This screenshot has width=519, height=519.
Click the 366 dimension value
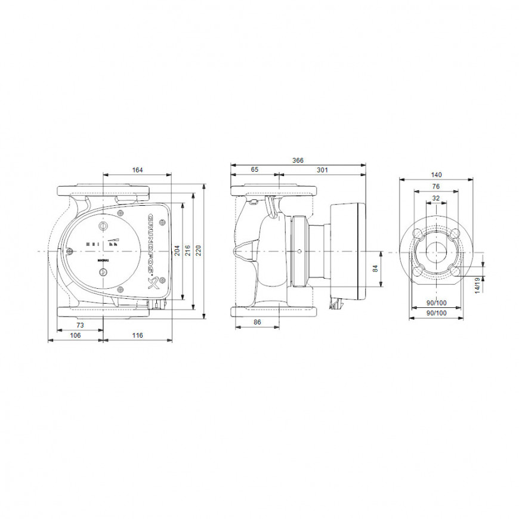pyautogui.click(x=298, y=160)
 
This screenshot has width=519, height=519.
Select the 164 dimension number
pyautogui.click(x=137, y=170)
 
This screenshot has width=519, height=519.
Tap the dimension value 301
pyautogui.click(x=322, y=170)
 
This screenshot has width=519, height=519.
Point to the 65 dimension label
pyautogui.click(x=254, y=169)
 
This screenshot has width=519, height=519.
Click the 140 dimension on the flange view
pyautogui.click(x=436, y=175)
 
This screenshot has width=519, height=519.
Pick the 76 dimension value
pyautogui.click(x=436, y=187)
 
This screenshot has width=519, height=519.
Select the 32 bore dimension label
pyautogui.click(x=436, y=198)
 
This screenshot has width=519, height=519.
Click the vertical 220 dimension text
pyautogui.click(x=198, y=251)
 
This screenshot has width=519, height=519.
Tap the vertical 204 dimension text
pyautogui.click(x=177, y=251)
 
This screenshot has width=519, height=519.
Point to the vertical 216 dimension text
pyautogui.click(x=188, y=251)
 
